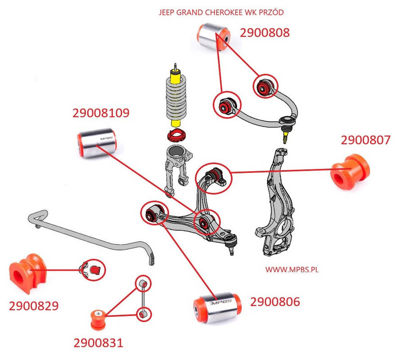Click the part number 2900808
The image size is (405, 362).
tap(264, 32)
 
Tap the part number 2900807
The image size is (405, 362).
tap(365, 140)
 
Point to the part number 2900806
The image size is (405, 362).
tap(274, 302)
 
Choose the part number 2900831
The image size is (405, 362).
tap(98, 343)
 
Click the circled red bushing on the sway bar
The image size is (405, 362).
tap(94, 269)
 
